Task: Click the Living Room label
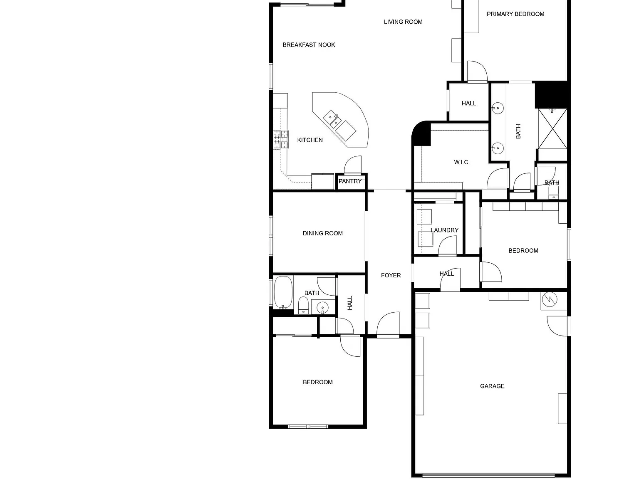pos(403,22)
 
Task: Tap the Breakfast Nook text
pos(309,45)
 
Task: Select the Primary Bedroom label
pos(515,14)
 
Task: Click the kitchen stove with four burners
pos(281,139)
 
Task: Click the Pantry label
pos(350,181)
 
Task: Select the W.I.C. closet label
pos(462,162)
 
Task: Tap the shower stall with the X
pos(552,129)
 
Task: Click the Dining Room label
pos(322,233)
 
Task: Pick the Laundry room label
pos(445,230)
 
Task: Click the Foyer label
pos(391,275)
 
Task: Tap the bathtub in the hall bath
pos(283,292)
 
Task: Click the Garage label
pos(492,386)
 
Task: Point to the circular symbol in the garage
pos(550,299)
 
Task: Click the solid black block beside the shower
pos(551,95)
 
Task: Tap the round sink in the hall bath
pos(322,307)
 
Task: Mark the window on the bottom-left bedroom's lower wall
pos(308,427)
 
